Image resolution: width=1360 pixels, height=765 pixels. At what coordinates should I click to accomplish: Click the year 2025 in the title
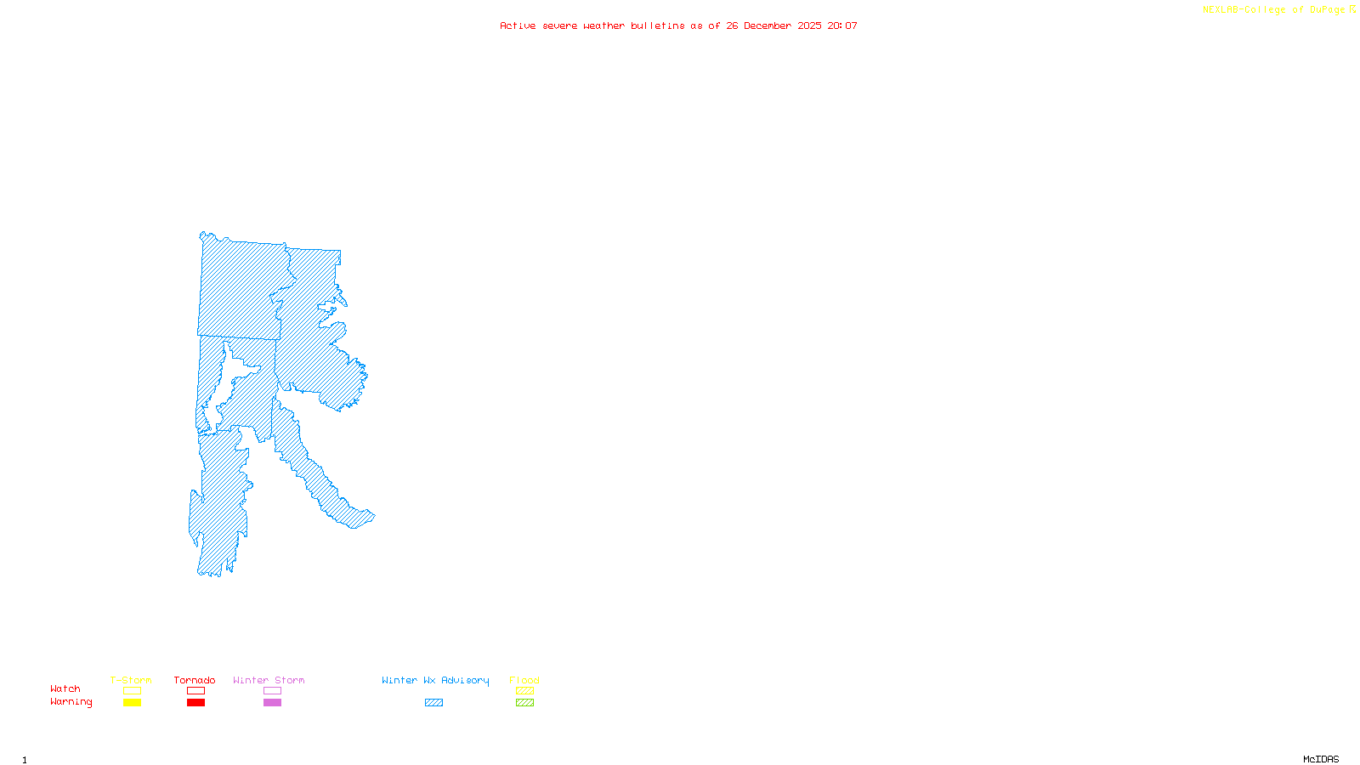pyautogui.click(x=809, y=25)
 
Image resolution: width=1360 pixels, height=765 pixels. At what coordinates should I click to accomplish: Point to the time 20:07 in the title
pyautogui.click(x=842, y=25)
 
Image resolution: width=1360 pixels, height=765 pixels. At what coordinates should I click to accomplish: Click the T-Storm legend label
pyautogui.click(x=131, y=680)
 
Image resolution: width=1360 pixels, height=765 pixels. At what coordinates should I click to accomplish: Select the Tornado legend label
pyautogui.click(x=195, y=680)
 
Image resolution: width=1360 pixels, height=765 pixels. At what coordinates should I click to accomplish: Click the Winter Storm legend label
pyautogui.click(x=269, y=680)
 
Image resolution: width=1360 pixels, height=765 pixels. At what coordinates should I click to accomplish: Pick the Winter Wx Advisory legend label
pyautogui.click(x=435, y=680)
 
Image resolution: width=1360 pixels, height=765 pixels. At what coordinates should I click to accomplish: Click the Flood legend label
pyautogui.click(x=524, y=680)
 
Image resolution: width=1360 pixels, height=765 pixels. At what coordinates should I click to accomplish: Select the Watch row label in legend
pyautogui.click(x=65, y=688)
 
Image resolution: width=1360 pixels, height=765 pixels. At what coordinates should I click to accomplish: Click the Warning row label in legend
pyautogui.click(x=71, y=702)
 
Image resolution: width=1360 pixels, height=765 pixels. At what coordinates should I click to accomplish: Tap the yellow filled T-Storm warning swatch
pyautogui.click(x=132, y=703)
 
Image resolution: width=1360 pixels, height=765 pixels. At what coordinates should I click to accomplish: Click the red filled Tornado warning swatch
pyautogui.click(x=195, y=703)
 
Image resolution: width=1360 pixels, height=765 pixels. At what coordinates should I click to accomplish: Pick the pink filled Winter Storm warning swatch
pyautogui.click(x=272, y=703)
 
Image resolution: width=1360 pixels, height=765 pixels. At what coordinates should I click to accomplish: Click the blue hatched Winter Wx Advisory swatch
pyautogui.click(x=433, y=703)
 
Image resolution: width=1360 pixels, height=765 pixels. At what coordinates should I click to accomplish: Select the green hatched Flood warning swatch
pyautogui.click(x=524, y=703)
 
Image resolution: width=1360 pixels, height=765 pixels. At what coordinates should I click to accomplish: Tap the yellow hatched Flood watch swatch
pyautogui.click(x=524, y=691)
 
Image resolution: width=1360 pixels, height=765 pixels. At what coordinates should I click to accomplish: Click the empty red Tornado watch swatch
pyautogui.click(x=195, y=691)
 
